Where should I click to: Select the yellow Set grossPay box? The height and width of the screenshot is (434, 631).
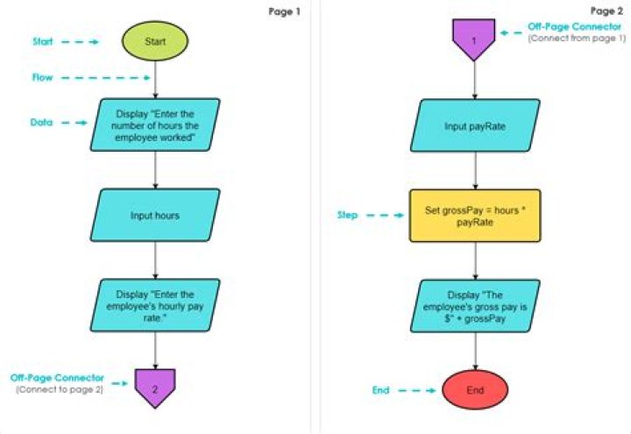474,215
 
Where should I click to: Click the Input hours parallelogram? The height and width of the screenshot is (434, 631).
155,215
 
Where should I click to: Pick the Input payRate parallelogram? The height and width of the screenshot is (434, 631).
474,126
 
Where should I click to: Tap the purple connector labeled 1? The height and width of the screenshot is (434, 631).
474,40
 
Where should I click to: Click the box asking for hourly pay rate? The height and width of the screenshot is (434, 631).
155,302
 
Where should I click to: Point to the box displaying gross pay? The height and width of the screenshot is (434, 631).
474,304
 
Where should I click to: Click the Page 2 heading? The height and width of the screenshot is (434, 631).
606,11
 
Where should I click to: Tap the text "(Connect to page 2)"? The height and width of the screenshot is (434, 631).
60,388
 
